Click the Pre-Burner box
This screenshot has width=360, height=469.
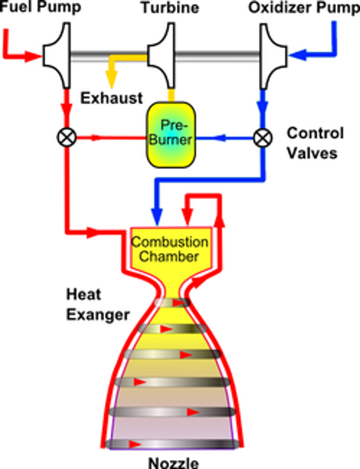pyautogui.click(x=171, y=135)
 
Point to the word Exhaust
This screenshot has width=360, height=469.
pyautogui.click(x=112, y=98)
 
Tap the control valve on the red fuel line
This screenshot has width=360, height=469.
pyautogui.click(x=67, y=138)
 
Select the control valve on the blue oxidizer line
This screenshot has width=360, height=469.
pyautogui.click(x=263, y=138)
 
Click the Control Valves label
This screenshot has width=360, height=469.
pyautogui.click(x=315, y=143)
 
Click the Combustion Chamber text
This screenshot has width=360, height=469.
pyautogui.click(x=170, y=249)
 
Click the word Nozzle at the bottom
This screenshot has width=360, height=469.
pyautogui.click(x=173, y=462)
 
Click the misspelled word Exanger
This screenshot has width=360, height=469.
pyautogui.click(x=98, y=315)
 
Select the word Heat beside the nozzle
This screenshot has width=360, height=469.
pyautogui.click(x=84, y=295)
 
